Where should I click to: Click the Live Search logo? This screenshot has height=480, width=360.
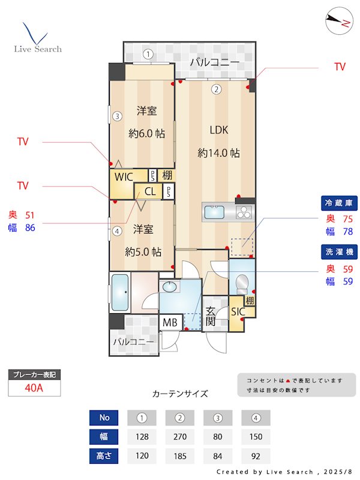tap(37, 39)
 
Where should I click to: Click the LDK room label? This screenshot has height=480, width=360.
tap(218, 130)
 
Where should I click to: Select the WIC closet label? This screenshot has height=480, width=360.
tap(124, 176)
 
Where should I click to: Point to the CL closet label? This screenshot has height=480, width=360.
tap(150, 192)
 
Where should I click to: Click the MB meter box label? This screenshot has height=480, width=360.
tap(170, 323)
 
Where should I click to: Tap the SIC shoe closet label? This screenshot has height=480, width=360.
tap(238, 312)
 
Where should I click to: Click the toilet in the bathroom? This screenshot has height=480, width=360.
tap(242, 281)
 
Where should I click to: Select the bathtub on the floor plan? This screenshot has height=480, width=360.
tap(121, 292)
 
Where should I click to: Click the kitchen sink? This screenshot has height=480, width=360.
tap(214, 212)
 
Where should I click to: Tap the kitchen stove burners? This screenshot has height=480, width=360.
tap(245, 212)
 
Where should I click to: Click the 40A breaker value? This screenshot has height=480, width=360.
tap(34, 388)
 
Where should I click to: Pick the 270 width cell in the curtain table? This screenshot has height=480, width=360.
tap(179, 437)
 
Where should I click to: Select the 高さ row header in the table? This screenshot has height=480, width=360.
tap(104, 456)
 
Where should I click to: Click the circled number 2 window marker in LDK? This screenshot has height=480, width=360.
tap(216, 90)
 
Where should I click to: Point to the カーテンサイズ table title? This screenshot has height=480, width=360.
tap(180, 394)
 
